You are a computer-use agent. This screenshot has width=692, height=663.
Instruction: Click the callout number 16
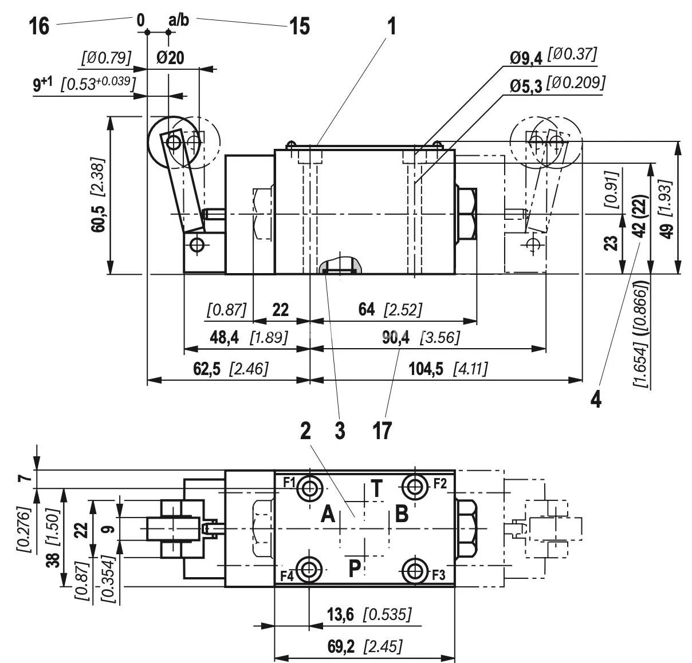pos(39,26)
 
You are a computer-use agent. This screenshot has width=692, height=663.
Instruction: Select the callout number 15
pos(298,26)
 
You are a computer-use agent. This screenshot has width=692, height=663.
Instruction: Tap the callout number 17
pos(382,430)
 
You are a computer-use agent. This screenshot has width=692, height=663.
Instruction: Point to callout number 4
pos(596,399)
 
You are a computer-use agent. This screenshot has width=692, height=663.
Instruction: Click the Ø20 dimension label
pos(170,58)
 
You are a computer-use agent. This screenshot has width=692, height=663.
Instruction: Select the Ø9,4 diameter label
pos(526,57)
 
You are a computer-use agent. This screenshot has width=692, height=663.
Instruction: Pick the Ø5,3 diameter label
pos(526,86)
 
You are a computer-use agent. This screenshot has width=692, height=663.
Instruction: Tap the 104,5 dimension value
pos(426,369)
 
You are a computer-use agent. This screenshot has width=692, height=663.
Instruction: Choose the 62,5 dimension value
pos(207,369)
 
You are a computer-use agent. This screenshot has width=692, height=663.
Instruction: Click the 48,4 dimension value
pos(224,337)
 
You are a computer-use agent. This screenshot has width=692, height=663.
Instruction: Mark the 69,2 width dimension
pos(341,647)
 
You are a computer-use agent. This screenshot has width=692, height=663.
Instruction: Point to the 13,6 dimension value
pos(341,615)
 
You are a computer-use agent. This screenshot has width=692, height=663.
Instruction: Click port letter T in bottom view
pos(376,489)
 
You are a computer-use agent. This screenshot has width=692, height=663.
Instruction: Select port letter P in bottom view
pos(355,568)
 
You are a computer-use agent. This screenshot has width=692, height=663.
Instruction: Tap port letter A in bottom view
pos(328,514)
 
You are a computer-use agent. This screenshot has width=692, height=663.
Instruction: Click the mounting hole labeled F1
pos(310,487)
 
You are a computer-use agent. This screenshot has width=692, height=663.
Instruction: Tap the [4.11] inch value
pos(470,369)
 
